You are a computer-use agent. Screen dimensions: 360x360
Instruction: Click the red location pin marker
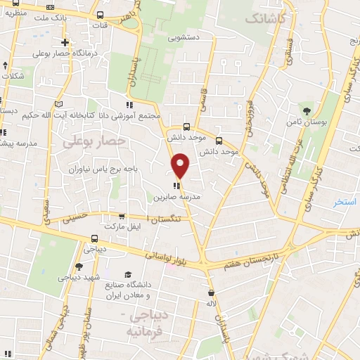tap(181, 166)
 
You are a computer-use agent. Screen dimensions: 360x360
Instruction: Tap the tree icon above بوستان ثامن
tap(306, 110)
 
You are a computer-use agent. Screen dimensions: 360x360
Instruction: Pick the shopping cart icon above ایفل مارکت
tap(122, 217)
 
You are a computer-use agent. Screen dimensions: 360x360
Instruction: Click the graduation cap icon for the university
tap(128, 275)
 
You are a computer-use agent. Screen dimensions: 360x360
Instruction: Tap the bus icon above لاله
tap(211, 291)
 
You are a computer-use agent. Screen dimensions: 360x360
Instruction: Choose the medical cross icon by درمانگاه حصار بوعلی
tap(65, 42)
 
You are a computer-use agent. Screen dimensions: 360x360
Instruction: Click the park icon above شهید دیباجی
tap(79, 266)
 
